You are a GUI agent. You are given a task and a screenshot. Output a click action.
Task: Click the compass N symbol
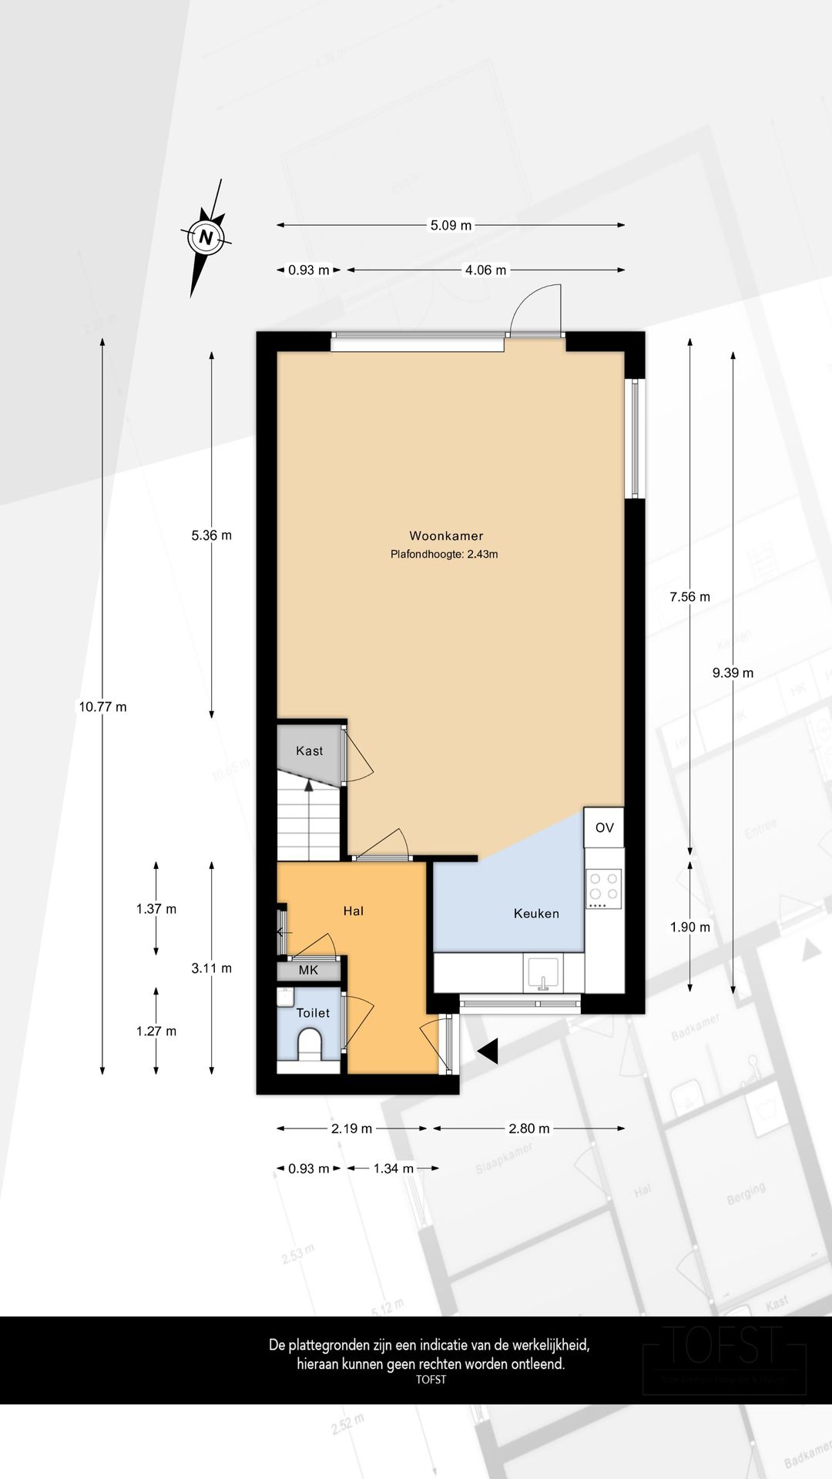tap(206, 237)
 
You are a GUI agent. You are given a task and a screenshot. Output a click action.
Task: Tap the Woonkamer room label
tap(446, 535)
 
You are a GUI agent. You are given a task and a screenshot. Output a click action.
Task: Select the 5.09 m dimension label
tap(451, 225)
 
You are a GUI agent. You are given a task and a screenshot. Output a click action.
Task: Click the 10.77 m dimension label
tap(102, 706)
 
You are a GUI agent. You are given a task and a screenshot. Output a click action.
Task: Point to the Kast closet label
tap(310, 751)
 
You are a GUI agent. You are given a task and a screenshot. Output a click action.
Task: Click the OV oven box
tap(604, 827)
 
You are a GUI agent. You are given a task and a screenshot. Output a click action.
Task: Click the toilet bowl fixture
tap(309, 1045)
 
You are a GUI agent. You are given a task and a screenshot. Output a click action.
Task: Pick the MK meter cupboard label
tap(308, 970)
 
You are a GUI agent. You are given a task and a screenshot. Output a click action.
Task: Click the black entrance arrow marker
tap(488, 1051)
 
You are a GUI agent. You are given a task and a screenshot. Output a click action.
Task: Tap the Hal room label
tap(353, 911)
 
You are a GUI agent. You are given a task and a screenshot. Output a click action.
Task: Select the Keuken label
tap(536, 914)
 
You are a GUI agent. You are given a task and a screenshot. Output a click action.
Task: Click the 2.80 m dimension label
tap(529, 1129)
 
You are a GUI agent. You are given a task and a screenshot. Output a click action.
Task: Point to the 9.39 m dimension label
tap(733, 672)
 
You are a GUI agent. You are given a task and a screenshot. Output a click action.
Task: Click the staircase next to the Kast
tap(308, 824)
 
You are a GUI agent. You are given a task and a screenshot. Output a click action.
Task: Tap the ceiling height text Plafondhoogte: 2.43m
tap(444, 554)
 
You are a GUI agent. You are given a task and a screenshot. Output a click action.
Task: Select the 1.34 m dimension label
tap(393, 1169)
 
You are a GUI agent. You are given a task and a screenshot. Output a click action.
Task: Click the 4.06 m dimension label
tap(485, 270)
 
